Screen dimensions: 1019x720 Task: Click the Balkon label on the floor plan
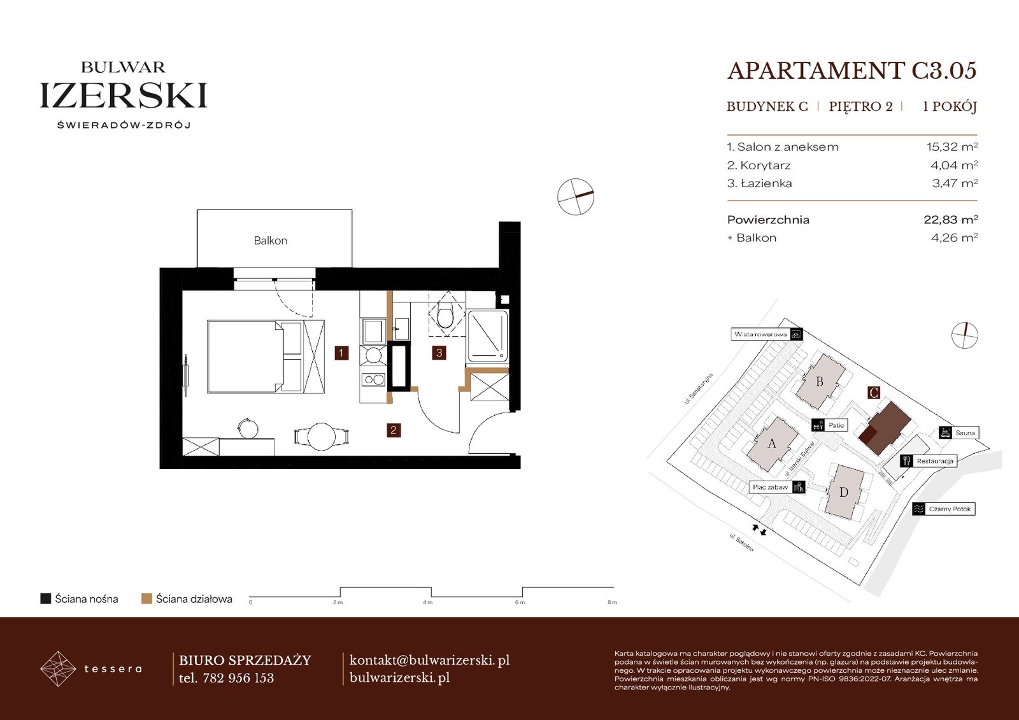click(270, 241)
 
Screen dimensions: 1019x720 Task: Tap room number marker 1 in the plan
click(341, 353)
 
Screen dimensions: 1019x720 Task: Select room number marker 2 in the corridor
click(394, 430)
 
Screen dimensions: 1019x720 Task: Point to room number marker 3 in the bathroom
click(439, 353)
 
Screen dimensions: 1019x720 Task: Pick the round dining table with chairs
click(322, 437)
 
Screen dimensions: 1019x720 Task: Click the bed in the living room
click(266, 356)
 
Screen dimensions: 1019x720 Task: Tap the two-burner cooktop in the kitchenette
click(373, 379)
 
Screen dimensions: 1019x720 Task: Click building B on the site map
click(820, 381)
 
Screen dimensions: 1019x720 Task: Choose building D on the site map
click(844, 492)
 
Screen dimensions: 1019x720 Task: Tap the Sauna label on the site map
click(964, 432)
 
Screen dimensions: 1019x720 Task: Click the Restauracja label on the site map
click(935, 461)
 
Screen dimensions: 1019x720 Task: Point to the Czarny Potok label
click(950, 509)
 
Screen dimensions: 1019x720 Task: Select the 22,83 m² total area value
click(950, 220)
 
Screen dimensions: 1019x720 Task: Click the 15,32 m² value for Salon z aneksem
click(952, 147)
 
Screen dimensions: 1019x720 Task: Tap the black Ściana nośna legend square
click(45, 598)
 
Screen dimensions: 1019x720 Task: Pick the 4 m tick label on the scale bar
click(427, 603)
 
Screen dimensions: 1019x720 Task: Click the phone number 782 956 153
click(238, 678)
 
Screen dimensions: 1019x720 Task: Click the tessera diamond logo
click(58, 668)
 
